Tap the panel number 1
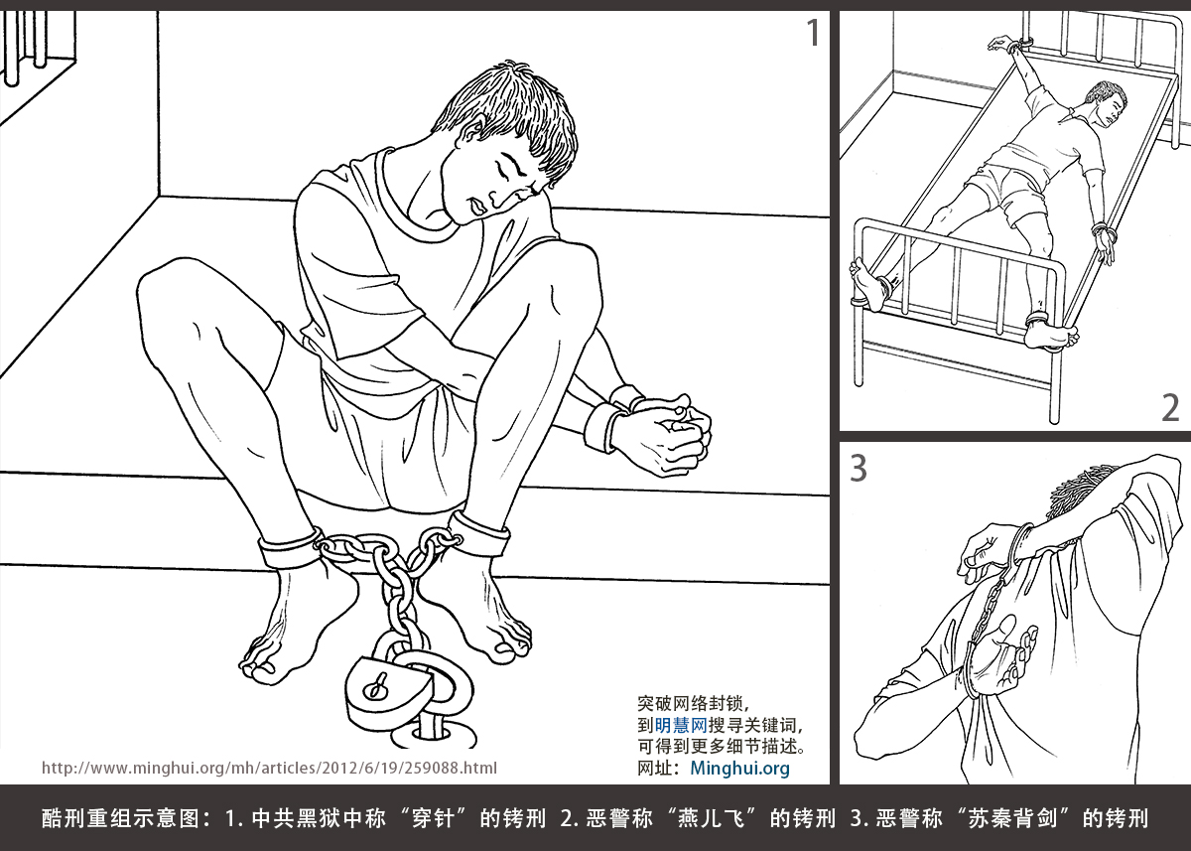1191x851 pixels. coord(813,33)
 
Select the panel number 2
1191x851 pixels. coord(1170,408)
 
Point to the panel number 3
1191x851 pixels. coord(859,468)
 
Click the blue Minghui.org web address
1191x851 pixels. coord(739,768)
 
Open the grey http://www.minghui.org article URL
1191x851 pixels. coord(269,768)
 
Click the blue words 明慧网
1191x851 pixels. coord(681,725)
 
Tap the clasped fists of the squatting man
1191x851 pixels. coord(670,434)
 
